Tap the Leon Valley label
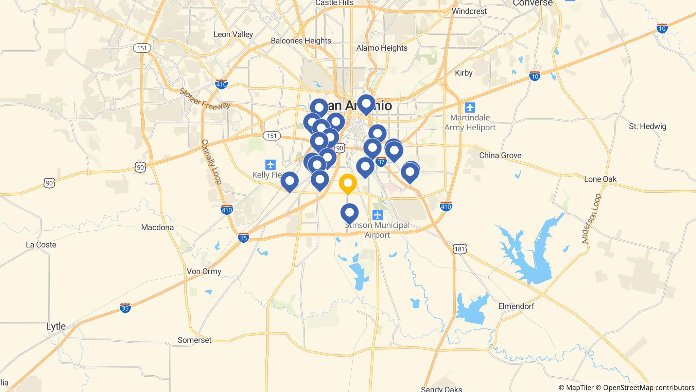pyautogui.click(x=233, y=34)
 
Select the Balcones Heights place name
pyautogui.click(x=301, y=41)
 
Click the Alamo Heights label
pyautogui.click(x=382, y=48)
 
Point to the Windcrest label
pyautogui.click(x=469, y=11)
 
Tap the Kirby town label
pyautogui.click(x=464, y=73)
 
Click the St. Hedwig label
pyautogui.click(x=647, y=127)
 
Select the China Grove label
pyautogui.click(x=500, y=156)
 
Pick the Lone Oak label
pyautogui.click(x=600, y=179)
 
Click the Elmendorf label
pyautogui.click(x=516, y=306)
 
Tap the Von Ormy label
pyautogui.click(x=204, y=272)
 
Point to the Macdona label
pyautogui.click(x=157, y=227)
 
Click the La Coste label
pyautogui.click(x=41, y=245)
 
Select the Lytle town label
pyautogui.click(x=56, y=326)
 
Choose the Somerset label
pyautogui.click(x=194, y=340)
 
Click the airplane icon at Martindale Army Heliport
pyautogui.click(x=470, y=108)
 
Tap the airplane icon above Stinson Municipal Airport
pyautogui.click(x=378, y=215)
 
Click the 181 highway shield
pyautogui.click(x=459, y=249)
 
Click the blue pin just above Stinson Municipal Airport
pyautogui.click(x=349, y=213)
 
